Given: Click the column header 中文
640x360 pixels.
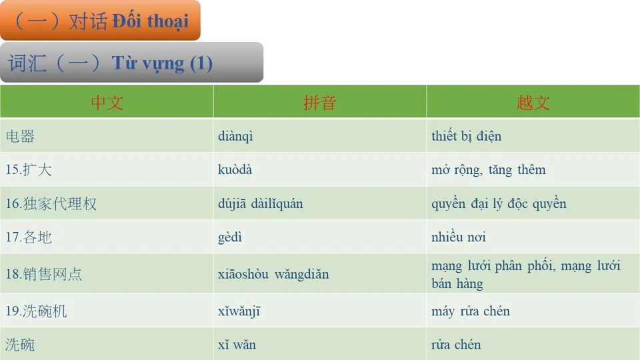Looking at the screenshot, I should click(107, 103).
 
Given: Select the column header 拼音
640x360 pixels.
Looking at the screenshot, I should click(319, 103).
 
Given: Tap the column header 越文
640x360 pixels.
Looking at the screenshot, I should click(533, 103).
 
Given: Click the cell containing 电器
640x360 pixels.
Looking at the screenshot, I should click(21, 137).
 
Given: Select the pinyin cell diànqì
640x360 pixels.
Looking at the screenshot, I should click(235, 137).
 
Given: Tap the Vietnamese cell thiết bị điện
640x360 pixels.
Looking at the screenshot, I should click(466, 137).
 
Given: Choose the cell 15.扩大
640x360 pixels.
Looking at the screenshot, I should click(29, 170).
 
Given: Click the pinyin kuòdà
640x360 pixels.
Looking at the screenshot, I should click(235, 170).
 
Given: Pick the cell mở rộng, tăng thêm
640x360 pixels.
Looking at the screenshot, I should click(488, 170).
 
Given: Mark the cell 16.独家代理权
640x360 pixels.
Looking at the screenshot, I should click(51, 204).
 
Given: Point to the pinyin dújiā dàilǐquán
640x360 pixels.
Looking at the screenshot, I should click(260, 204).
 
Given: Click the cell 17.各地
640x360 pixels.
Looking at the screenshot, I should click(29, 237).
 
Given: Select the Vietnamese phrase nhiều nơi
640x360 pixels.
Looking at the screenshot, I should click(459, 237).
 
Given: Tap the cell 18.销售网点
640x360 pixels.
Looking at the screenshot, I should click(44, 274).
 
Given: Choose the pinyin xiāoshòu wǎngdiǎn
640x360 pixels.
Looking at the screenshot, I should click(273, 274).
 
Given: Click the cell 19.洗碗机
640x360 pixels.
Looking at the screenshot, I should click(37, 311).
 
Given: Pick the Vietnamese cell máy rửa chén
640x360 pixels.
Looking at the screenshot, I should click(471, 311).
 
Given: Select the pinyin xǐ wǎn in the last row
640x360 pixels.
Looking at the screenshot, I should click(237, 345).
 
